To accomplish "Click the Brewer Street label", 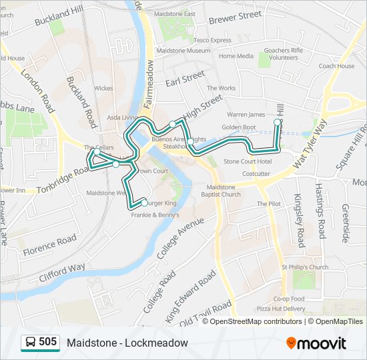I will point(236,15).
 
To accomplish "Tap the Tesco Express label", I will point(212,40).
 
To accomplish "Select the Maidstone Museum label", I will point(183,51).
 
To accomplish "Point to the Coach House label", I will point(336,66).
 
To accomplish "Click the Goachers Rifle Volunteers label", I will point(284,54).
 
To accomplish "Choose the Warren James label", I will point(247,115).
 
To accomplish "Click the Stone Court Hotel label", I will point(248,161).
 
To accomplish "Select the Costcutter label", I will point(256,173).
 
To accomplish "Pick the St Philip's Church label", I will point(304,267).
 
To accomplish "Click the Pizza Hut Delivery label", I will point(281,309).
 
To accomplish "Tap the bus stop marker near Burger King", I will point(144,203).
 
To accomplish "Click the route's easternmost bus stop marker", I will point(278,123).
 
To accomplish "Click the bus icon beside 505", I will point(30,343).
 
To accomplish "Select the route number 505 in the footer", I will point(48,342).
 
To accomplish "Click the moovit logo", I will point(316,343).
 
